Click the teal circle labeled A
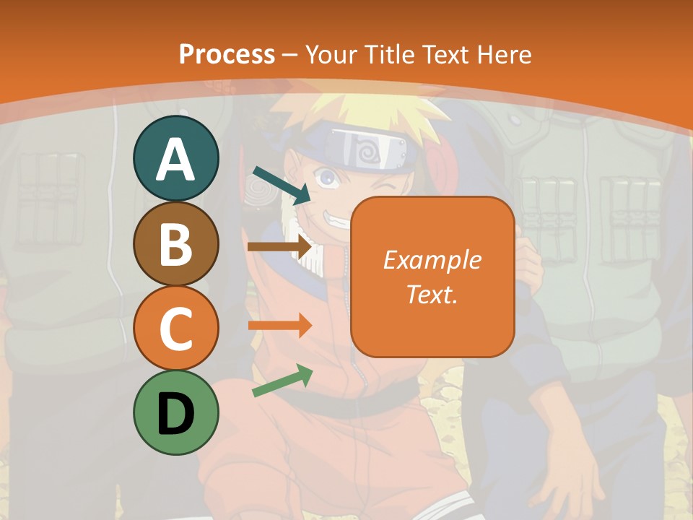(175, 159)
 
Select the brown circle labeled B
(175, 244)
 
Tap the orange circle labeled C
(175, 329)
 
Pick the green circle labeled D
(175, 413)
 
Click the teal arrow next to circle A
(282, 184)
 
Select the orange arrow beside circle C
(280, 325)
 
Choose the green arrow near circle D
(282, 381)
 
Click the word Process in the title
(227, 54)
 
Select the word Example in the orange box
(432, 260)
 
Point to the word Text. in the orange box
(432, 294)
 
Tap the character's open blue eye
(328, 176)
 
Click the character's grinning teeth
(338, 215)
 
